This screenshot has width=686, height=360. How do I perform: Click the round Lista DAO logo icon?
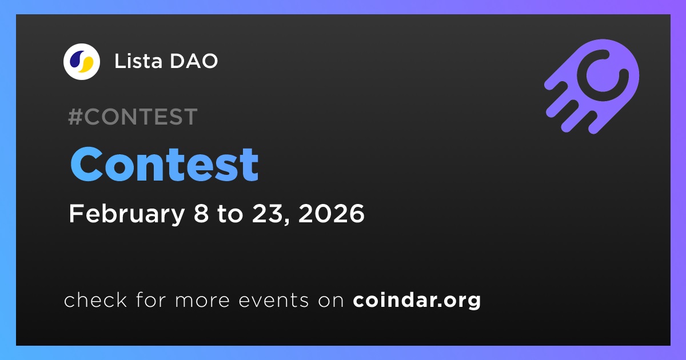[x=82, y=62]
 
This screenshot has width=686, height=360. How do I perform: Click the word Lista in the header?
[x=138, y=61]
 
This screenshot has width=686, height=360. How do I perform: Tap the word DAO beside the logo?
[x=194, y=61]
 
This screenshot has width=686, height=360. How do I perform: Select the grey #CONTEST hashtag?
[x=133, y=117]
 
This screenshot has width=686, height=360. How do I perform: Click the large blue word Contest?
[x=165, y=165]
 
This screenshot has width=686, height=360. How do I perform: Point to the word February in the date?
[x=127, y=214]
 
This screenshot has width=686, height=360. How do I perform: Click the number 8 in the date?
[x=201, y=213]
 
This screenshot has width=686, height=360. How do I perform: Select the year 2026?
[x=332, y=213]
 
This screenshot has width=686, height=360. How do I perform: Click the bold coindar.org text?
[x=417, y=301]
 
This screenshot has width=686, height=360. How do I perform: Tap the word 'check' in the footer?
[x=95, y=299]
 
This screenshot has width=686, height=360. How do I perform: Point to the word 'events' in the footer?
[x=274, y=301]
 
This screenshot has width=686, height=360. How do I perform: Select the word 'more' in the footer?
[x=202, y=301]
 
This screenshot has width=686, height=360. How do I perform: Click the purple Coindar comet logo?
[x=592, y=86]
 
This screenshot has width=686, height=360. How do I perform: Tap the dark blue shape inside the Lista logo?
[x=77, y=59]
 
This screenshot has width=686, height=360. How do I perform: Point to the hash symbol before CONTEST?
[x=75, y=117]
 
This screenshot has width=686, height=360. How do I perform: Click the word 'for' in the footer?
[x=151, y=299]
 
